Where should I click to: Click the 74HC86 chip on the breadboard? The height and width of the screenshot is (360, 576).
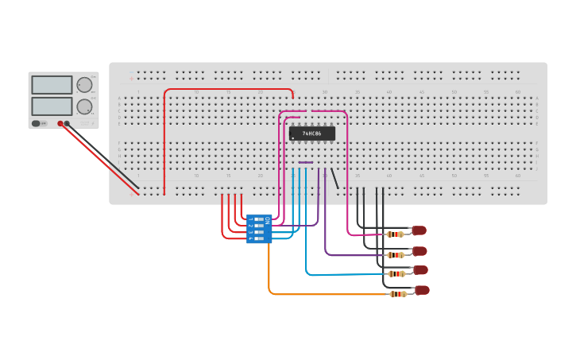click(311, 134)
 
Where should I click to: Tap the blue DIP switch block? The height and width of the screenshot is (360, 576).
click(259, 229)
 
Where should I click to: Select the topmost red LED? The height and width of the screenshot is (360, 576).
click(419, 230)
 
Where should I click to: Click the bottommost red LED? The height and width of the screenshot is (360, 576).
click(422, 290)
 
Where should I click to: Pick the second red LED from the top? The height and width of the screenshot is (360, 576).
click(419, 251)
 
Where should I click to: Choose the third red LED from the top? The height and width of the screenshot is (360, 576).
click(420, 270)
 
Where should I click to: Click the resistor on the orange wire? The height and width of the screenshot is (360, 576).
click(396, 294)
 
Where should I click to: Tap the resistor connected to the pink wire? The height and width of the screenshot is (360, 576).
click(394, 234)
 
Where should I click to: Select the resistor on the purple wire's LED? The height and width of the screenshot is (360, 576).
click(395, 254)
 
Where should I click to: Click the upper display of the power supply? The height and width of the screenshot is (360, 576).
click(52, 85)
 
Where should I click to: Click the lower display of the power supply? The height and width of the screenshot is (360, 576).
click(52, 106)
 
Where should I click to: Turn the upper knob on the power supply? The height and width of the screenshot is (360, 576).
click(84, 85)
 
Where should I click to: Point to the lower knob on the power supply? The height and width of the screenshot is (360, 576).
click(84, 106)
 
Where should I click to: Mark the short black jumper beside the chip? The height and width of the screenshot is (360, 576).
click(335, 179)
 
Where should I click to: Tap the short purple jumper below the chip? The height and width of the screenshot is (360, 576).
click(306, 163)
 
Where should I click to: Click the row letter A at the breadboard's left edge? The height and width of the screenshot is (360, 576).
click(119, 99)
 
